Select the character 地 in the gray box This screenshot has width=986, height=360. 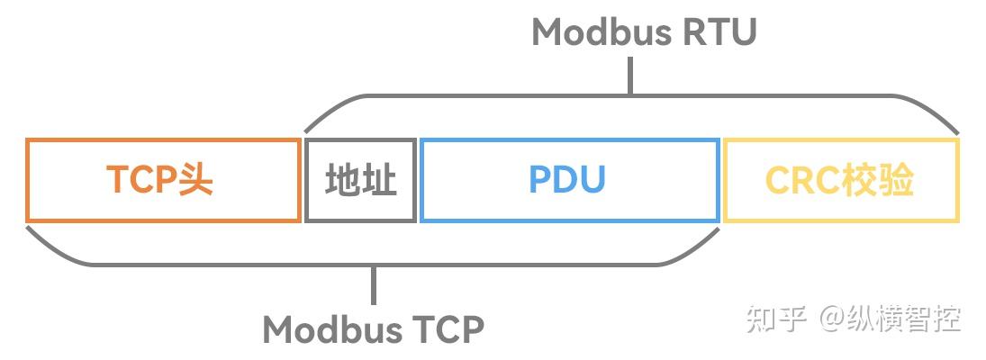point(342,180)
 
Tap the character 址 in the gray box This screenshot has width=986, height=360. point(379,180)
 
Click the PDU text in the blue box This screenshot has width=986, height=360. point(567,180)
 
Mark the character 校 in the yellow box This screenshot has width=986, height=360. point(860,181)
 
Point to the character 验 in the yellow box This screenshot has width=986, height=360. point(897,181)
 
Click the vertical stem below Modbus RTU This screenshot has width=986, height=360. point(630,76)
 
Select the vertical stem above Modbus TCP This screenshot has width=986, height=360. point(374,286)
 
